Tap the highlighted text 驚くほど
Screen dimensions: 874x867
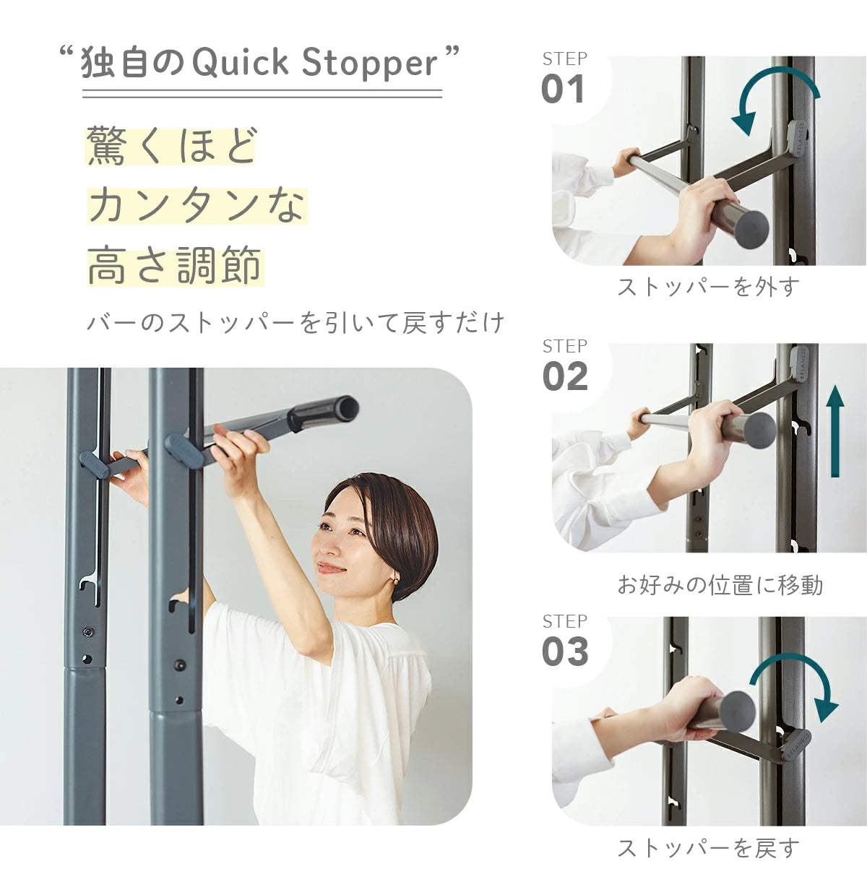171,145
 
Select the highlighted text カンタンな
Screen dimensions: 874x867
197,205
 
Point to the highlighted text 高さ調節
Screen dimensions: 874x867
175,266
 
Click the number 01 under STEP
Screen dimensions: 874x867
563,90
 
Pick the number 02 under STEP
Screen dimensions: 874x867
564,377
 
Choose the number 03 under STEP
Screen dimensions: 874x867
564,652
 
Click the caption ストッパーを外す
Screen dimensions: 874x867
708,287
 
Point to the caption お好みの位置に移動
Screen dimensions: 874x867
720,584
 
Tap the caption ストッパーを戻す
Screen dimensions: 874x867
708,848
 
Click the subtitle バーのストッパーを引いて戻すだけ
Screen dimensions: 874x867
295,322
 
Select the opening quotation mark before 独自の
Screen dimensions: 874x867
66,53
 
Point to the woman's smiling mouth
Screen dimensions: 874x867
331,567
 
